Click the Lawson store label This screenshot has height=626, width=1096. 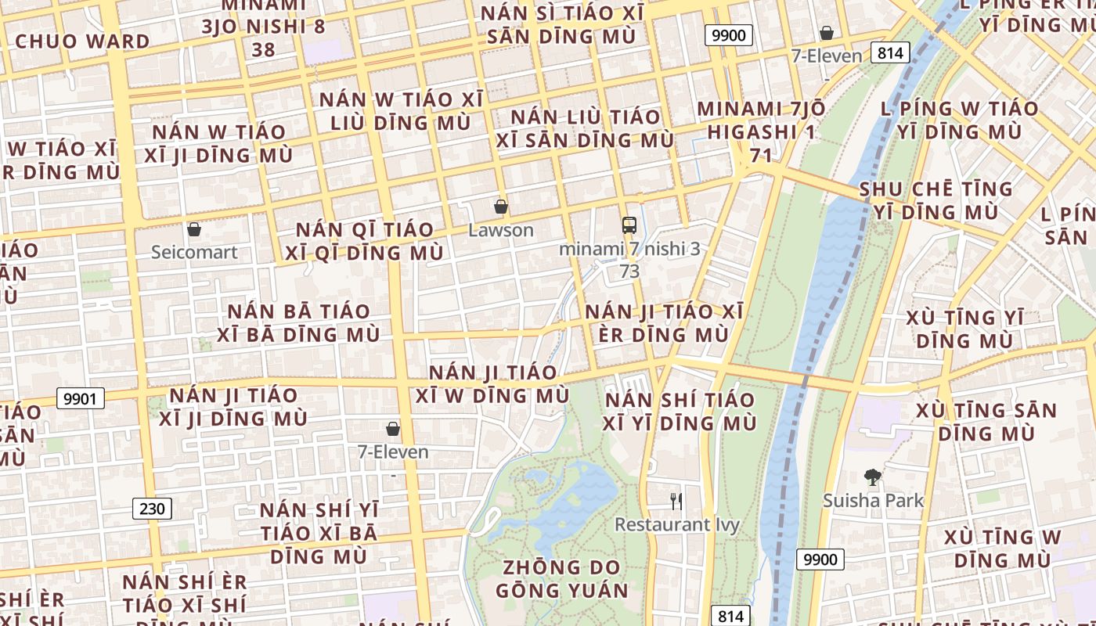tap(501, 230)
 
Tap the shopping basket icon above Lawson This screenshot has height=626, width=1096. tap(501, 207)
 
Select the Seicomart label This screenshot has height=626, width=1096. tap(194, 252)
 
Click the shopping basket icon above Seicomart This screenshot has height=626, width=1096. tap(194, 229)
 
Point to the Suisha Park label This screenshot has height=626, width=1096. tap(873, 500)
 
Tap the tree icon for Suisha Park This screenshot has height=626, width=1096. tap(872, 477)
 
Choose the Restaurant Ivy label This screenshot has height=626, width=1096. tap(676, 523)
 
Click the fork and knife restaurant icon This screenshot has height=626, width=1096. tap(676, 501)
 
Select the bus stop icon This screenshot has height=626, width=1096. tap(629, 225)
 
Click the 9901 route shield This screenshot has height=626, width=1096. tap(81, 399)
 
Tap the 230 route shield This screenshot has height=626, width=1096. tap(152, 509)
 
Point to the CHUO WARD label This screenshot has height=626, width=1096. tap(82, 41)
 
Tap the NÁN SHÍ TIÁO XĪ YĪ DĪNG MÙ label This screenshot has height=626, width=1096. tap(680, 412)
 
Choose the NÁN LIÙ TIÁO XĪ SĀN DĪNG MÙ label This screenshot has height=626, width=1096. tap(585, 128)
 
